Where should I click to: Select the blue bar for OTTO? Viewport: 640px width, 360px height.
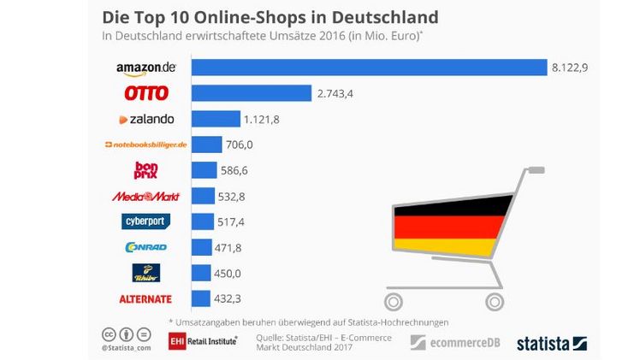(251, 92)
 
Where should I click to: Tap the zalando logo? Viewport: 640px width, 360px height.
(146, 119)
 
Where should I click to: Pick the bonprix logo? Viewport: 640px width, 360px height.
(146, 170)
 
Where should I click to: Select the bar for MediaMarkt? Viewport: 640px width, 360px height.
(203, 196)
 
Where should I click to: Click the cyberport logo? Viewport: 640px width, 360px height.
(146, 221)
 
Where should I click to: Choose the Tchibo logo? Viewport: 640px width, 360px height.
(146, 273)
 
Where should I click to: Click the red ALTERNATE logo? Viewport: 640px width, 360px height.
(146, 298)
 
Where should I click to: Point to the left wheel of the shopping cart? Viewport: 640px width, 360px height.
(393, 300)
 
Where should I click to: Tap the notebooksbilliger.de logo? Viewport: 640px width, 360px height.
(145, 145)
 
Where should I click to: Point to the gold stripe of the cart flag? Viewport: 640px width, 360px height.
(445, 246)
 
